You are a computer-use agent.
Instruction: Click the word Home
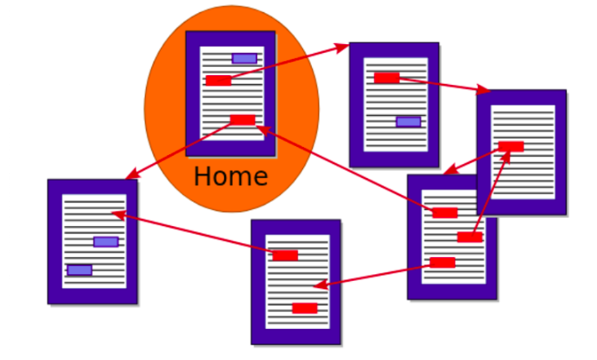click(x=231, y=176)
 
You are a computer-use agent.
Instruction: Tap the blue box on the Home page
click(x=244, y=58)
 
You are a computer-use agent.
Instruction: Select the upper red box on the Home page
click(x=218, y=80)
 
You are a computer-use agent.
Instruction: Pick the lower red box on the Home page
click(x=243, y=120)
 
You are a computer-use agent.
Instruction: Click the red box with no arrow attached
click(x=305, y=308)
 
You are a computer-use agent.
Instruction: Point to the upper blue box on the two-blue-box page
click(x=106, y=242)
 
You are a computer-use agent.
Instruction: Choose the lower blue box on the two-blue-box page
click(x=79, y=270)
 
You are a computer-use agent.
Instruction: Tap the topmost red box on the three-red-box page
click(x=445, y=213)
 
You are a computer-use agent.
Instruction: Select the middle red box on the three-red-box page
click(x=470, y=237)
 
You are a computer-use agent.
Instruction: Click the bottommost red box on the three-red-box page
click(x=443, y=263)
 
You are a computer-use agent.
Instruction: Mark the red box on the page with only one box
click(x=511, y=147)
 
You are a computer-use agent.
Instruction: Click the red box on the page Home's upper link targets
click(x=387, y=78)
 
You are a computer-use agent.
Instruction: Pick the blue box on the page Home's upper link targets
click(x=408, y=122)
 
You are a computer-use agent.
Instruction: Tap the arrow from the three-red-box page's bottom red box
click(x=376, y=275)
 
